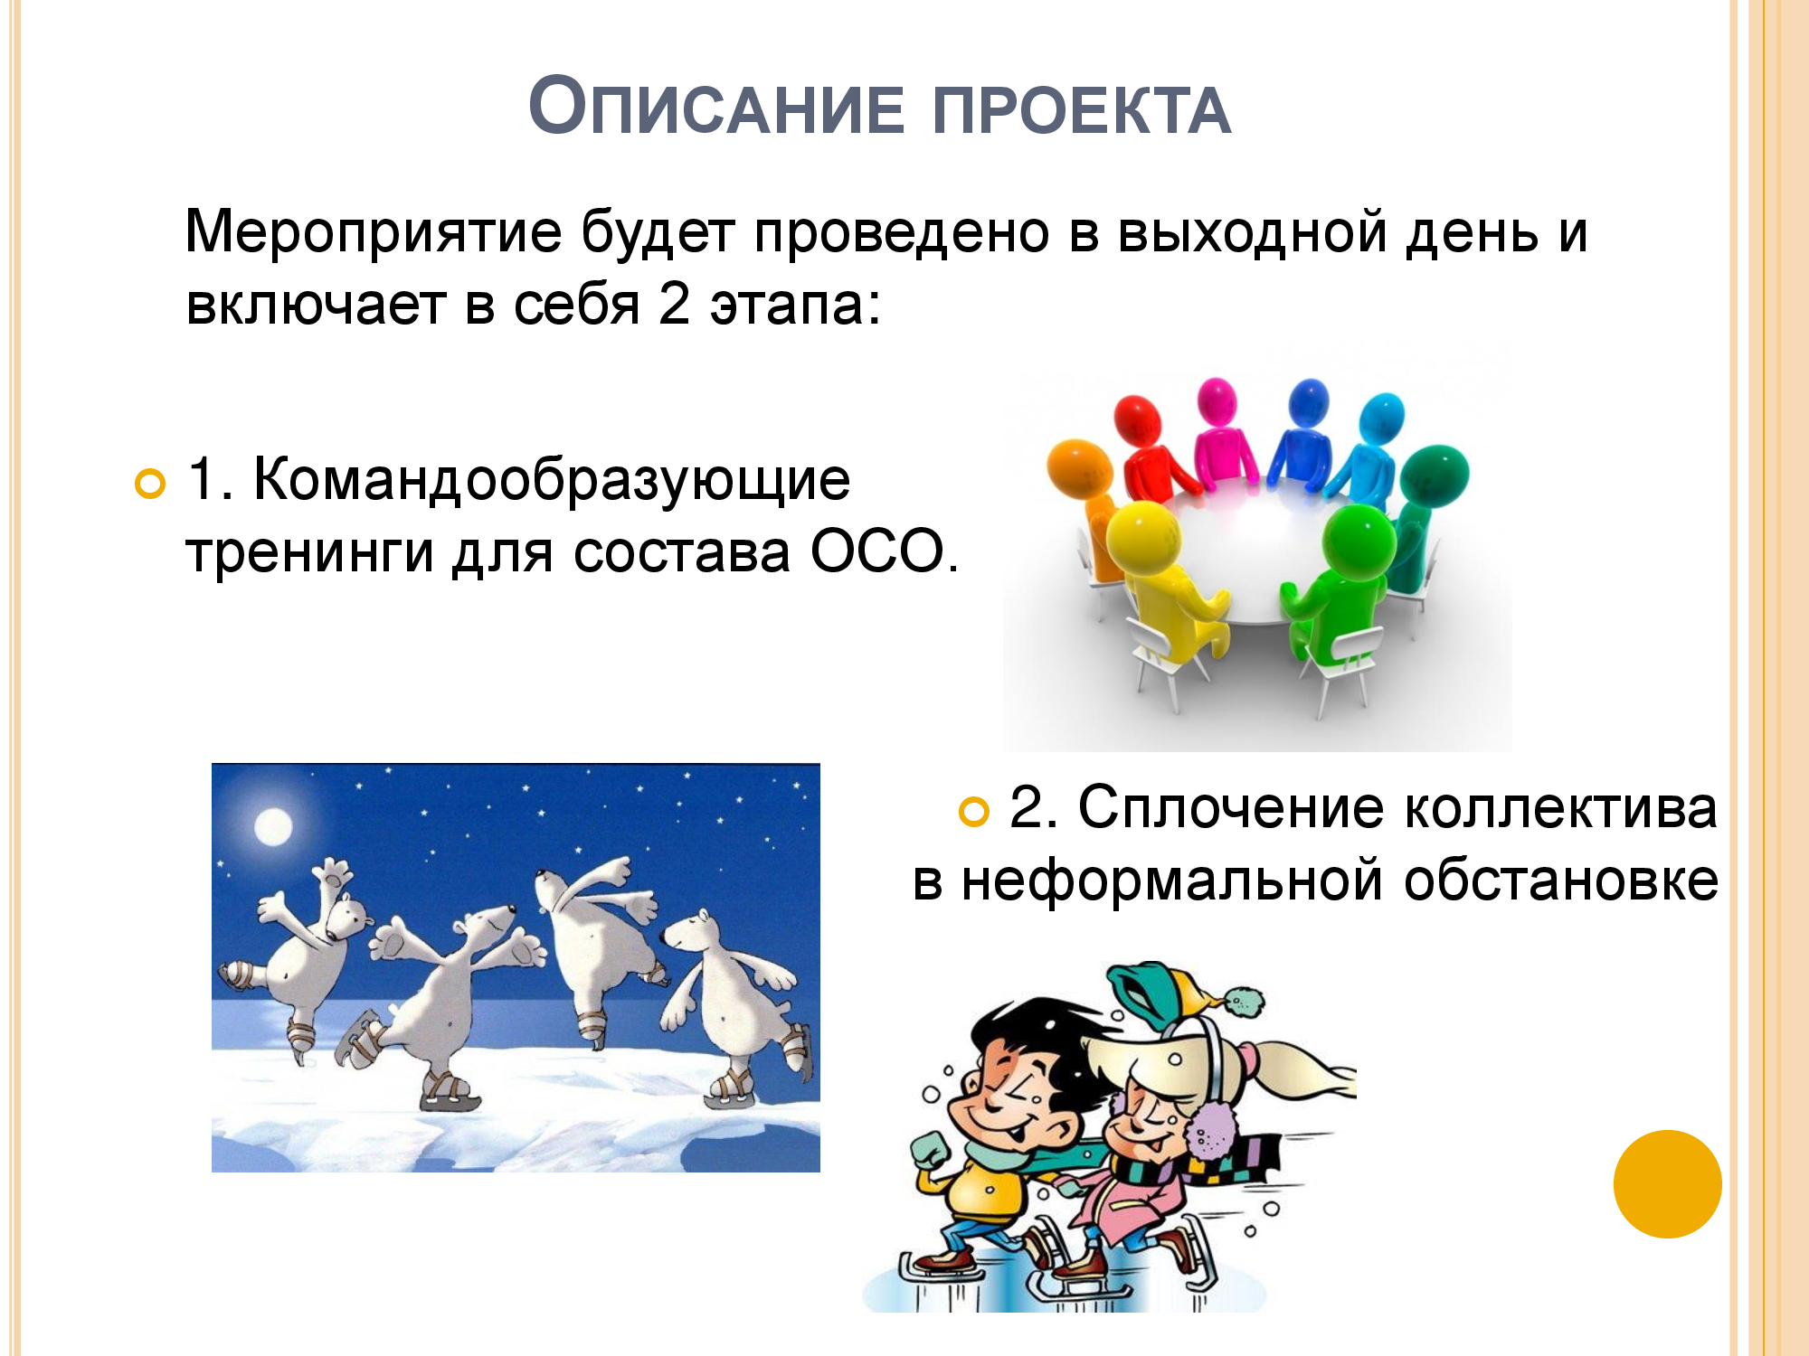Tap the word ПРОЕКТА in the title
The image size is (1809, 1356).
click(1082, 111)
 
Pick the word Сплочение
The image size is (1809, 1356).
click(1231, 807)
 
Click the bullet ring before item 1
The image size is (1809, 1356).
click(150, 485)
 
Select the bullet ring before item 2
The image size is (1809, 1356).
click(973, 812)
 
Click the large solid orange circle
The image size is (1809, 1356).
click(1667, 1184)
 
